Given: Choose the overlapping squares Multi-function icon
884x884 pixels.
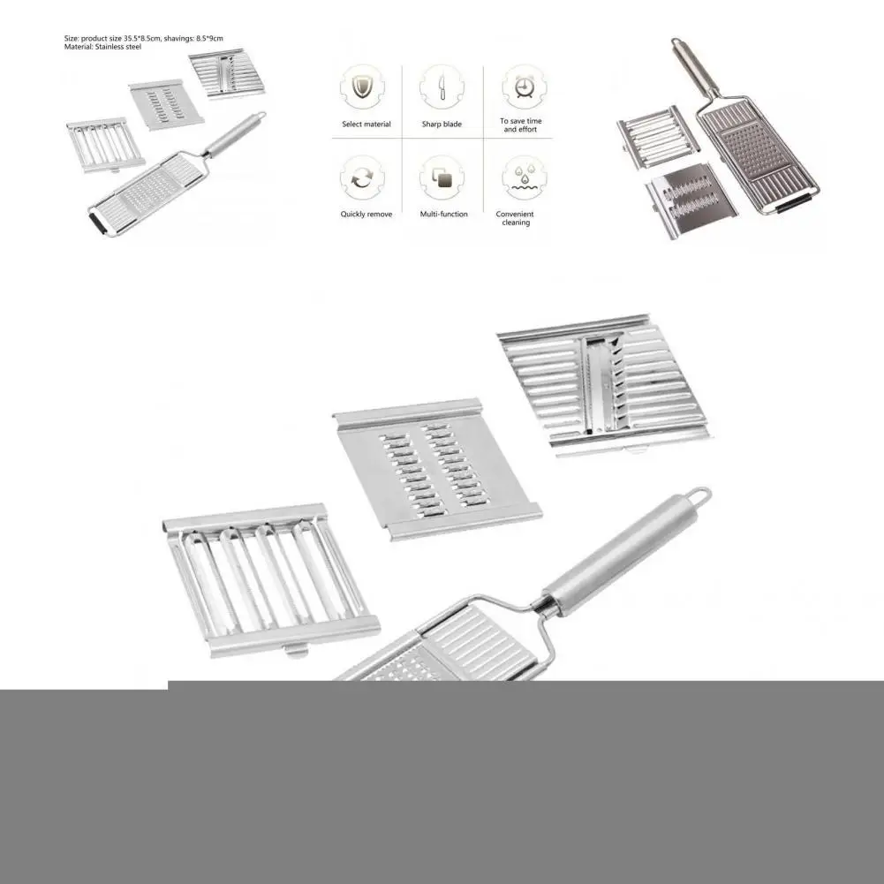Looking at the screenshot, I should [x=441, y=178].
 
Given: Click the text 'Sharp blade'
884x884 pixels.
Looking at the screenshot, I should [x=441, y=125].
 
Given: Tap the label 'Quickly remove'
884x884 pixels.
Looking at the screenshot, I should [x=366, y=215].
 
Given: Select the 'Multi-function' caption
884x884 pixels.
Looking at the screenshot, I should [x=444, y=215].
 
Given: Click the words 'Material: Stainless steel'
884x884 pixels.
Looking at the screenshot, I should [x=102, y=47].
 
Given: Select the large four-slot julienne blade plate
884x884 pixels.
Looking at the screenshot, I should [x=269, y=578].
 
